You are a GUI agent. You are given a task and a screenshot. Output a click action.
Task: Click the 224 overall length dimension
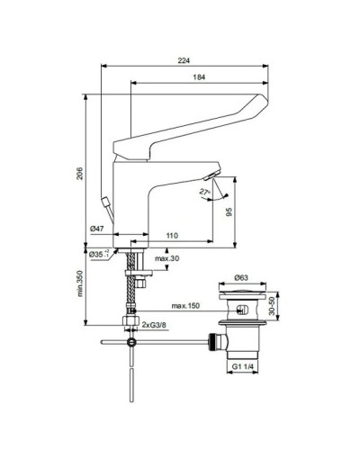coord(185,60)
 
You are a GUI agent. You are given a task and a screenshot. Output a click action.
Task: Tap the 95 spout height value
coord(229,211)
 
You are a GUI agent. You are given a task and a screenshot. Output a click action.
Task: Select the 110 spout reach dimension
coord(171,236)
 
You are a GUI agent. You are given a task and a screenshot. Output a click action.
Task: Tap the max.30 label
coord(166,260)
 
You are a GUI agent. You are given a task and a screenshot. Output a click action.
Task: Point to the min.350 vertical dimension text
coord(79,283)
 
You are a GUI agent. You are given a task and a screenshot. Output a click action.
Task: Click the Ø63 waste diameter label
coord(242,280)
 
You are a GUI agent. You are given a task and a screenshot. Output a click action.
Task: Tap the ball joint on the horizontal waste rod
coord(133,343)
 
